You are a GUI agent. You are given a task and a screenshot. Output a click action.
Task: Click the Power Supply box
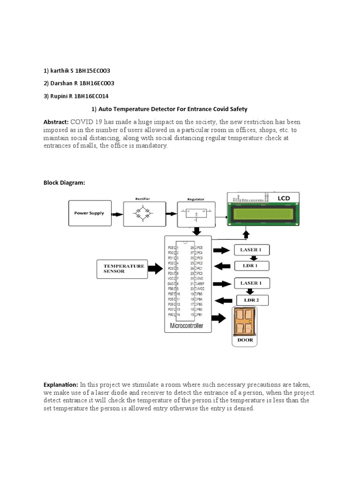[90, 213]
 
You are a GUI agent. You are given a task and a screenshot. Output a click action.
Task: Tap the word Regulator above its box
[196, 199]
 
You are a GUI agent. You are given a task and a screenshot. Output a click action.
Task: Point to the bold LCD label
[284, 198]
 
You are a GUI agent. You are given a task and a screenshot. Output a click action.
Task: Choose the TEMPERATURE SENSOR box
[121, 269]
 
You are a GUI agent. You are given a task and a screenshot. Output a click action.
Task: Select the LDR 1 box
[252, 266]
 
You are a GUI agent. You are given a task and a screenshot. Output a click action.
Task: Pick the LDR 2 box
[252, 300]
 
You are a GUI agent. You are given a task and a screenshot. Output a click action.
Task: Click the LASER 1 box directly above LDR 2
[252, 283]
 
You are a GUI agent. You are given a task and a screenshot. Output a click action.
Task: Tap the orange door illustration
[245, 322]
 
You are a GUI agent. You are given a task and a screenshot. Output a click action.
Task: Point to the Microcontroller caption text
[187, 325]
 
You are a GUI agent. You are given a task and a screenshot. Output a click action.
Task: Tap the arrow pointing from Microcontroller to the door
[218, 318]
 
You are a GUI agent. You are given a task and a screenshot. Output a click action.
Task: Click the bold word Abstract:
[56, 122]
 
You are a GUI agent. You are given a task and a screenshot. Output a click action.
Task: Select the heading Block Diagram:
[64, 183]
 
